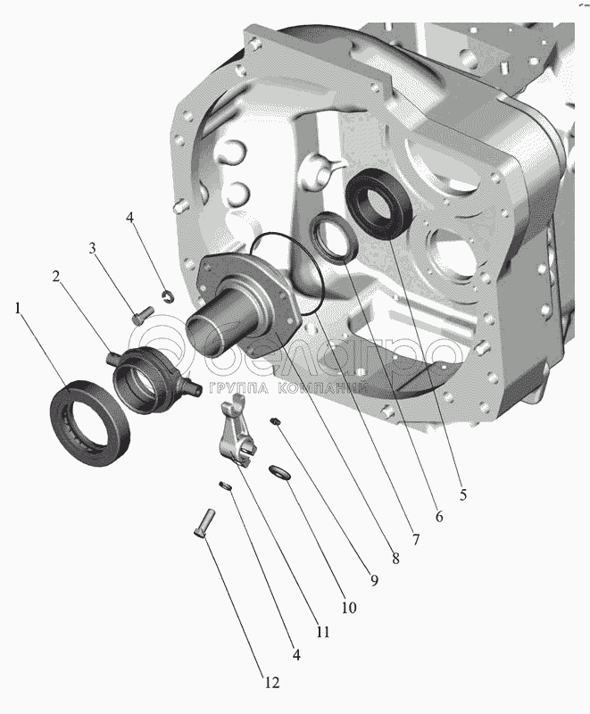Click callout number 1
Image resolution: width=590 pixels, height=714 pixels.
tap(18, 309)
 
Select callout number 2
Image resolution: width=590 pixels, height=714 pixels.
tap(56, 277)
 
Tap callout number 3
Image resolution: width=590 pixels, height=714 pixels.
tap(93, 249)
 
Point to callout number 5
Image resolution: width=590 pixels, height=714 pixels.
tap(463, 494)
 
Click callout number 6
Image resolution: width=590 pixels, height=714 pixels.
tap(439, 517)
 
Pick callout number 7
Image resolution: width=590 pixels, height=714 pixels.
tap(416, 540)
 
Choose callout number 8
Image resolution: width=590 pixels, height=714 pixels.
tap(395, 559)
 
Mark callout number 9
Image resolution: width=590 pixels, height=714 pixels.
tap(374, 581)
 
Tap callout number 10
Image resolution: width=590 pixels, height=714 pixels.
tap(349, 608)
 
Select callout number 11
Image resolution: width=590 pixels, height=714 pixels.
tap(323, 632)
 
